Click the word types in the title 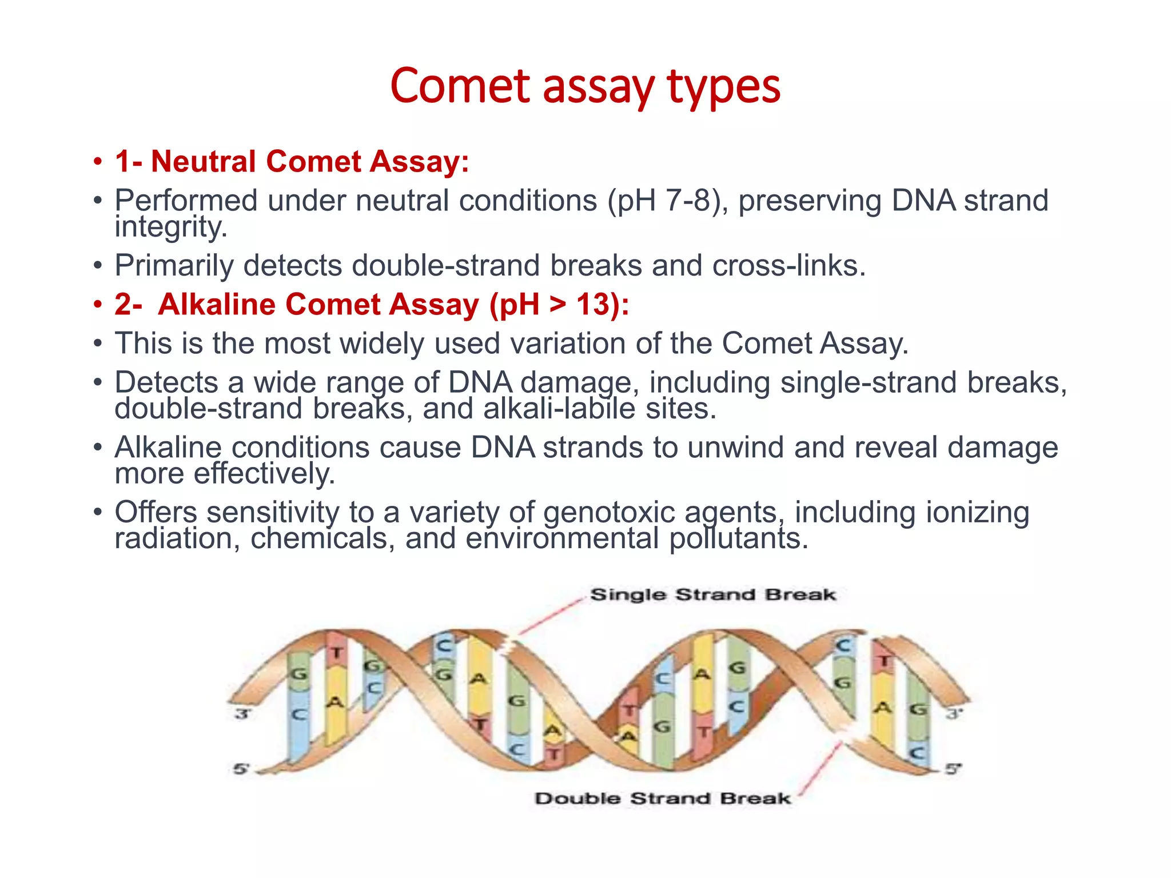tap(723, 87)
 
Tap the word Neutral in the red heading tap(203, 161)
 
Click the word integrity tap(170, 227)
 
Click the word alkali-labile tap(559, 409)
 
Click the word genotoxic tap(609, 512)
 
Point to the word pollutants tap(738, 538)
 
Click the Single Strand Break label tap(713, 594)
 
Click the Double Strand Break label tap(663, 799)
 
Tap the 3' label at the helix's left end tap(243, 714)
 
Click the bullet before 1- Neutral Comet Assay tap(98, 162)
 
